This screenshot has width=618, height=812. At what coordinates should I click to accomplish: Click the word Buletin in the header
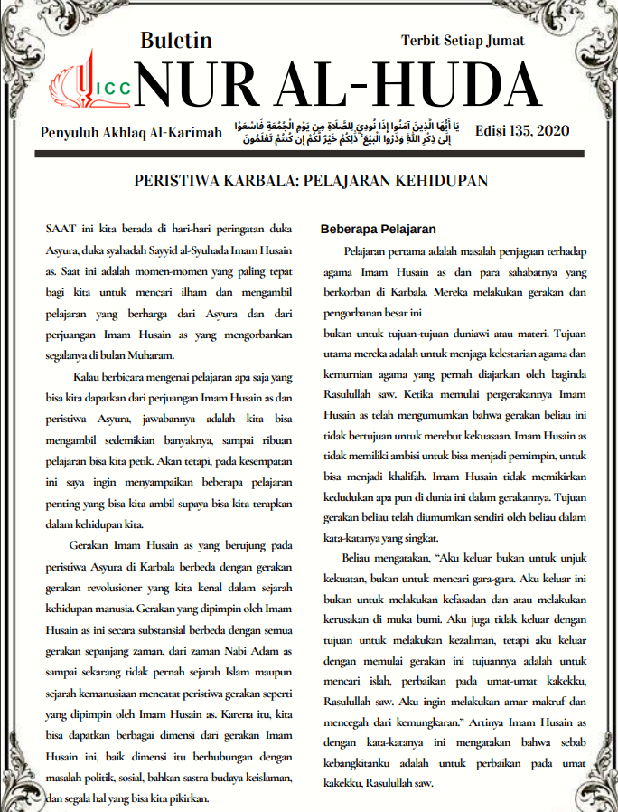[176, 41]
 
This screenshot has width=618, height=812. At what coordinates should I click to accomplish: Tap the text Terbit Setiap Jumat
[463, 41]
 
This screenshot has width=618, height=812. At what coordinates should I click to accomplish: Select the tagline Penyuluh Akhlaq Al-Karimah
[131, 133]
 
